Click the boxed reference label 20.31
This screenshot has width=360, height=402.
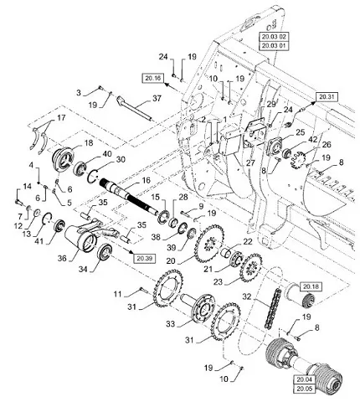pos(327,97)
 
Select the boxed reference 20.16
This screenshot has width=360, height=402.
pos(153,78)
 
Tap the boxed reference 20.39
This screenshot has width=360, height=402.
pos(145,259)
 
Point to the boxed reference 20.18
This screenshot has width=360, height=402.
pos(311,286)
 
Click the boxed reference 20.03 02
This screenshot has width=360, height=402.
pos(274,37)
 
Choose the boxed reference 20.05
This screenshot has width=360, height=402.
pos(304,389)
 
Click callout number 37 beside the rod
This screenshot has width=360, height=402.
pos(157,98)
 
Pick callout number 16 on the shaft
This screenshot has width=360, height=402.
pos(147,180)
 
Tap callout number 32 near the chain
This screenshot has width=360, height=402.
pos(247,296)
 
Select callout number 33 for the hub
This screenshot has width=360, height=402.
pos(170,323)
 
